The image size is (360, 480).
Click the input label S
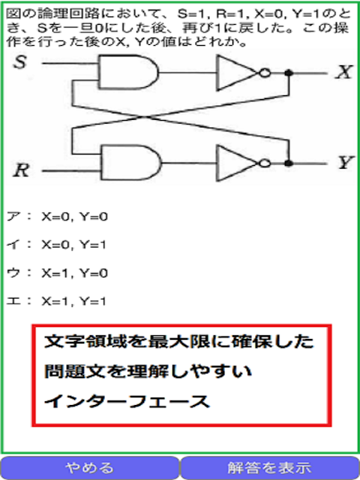pyautogui.click(x=20, y=63)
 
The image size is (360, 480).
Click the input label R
pyautogui.click(x=21, y=169)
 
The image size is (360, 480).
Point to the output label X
pyautogui.click(x=344, y=73)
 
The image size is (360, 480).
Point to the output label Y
pyautogui.click(x=345, y=163)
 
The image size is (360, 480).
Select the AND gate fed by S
pyautogui.click(x=128, y=72)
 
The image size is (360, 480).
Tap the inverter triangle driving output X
pyautogui.click(x=237, y=73)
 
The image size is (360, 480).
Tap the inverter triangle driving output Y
pyautogui.click(x=237, y=163)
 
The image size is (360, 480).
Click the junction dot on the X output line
pyautogui.click(x=288, y=73)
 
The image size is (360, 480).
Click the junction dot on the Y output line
pyautogui.click(x=288, y=163)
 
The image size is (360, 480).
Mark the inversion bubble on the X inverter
pyautogui.click(x=265, y=73)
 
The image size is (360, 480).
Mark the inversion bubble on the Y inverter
pyautogui.click(x=265, y=163)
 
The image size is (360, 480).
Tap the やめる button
pyautogui.click(x=90, y=468)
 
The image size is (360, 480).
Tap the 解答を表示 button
pyautogui.click(x=270, y=468)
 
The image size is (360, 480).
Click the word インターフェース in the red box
pyautogui.click(x=127, y=402)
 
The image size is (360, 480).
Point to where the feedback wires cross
pyautogui.click(x=144, y=116)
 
